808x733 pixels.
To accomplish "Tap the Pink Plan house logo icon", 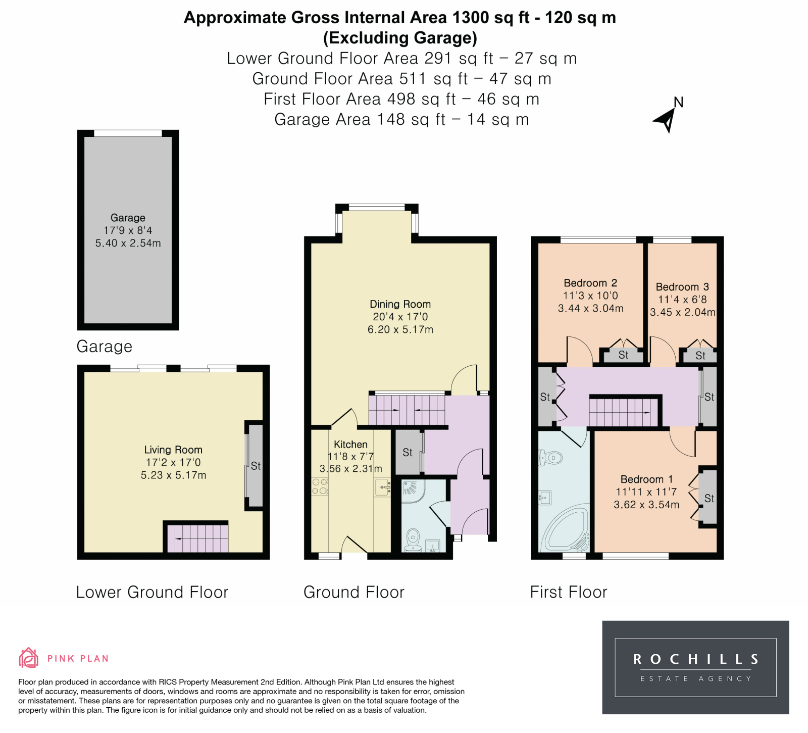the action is (28, 658).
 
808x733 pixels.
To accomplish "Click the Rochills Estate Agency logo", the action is (695, 667).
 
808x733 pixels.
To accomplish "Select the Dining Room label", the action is (400, 304).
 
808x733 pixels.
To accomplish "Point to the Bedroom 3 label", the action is (682, 287).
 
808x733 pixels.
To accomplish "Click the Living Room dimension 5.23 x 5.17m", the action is (173, 475).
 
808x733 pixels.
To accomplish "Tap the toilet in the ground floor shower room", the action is (414, 540).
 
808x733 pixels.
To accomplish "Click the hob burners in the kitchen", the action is (320, 486).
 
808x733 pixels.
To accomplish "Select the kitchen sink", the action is (382, 487).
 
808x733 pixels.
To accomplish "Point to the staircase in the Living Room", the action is (197, 539).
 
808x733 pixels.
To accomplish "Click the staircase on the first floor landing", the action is (624, 412).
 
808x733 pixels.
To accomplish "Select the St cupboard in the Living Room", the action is (256, 466).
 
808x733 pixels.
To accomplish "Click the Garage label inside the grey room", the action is (128, 218).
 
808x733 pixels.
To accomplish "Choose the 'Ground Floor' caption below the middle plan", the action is (354, 592).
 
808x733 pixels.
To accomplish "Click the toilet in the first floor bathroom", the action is (549, 458).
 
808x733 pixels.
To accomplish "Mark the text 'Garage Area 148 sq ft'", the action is (360, 120).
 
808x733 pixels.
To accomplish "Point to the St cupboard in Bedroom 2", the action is (623, 355).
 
